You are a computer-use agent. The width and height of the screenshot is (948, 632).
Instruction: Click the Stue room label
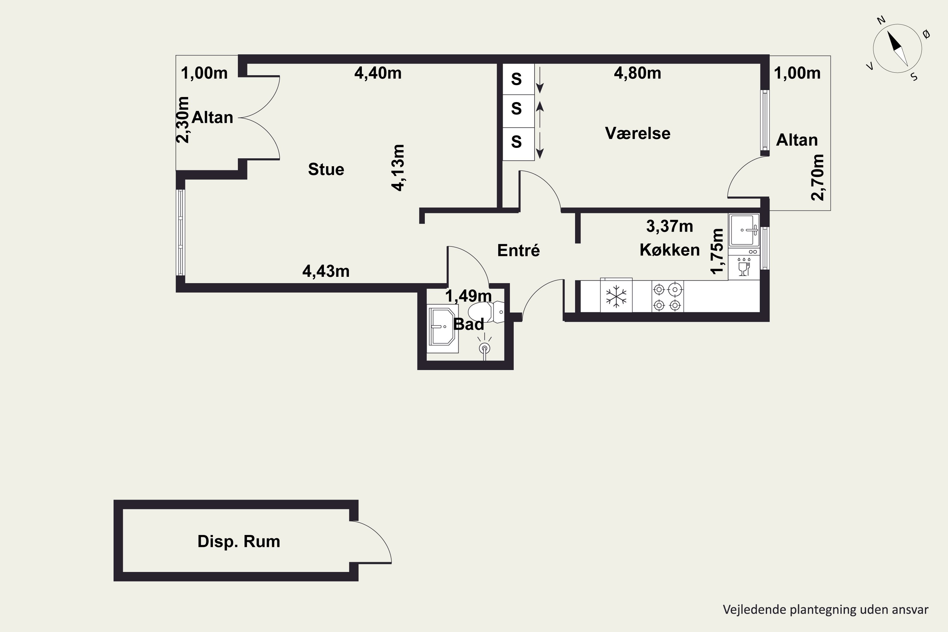[x=326, y=169]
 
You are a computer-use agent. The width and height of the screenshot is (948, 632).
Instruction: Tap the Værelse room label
[x=638, y=133]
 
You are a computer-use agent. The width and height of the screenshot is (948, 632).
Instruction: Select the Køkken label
[x=670, y=250]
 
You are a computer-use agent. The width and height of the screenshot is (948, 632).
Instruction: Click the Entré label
[x=518, y=250]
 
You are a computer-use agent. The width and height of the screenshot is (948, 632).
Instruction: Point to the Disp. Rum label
[x=239, y=541]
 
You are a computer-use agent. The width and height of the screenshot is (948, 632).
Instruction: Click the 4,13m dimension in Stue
[x=398, y=168]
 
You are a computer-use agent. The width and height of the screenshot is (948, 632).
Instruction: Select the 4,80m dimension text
[x=637, y=73]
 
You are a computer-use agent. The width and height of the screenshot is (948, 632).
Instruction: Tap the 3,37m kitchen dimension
[x=670, y=227]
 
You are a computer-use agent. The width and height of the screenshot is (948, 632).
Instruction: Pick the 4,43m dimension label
[x=326, y=271]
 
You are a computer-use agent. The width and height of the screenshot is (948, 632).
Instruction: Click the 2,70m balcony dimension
[x=817, y=177]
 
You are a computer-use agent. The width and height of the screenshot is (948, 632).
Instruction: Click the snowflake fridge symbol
[x=616, y=296]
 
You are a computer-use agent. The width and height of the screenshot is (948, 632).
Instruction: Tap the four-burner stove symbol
[x=667, y=297]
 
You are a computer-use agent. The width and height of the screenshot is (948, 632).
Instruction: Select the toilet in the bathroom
[x=486, y=312]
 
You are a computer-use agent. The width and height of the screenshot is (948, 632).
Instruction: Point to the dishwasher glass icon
[x=744, y=267]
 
